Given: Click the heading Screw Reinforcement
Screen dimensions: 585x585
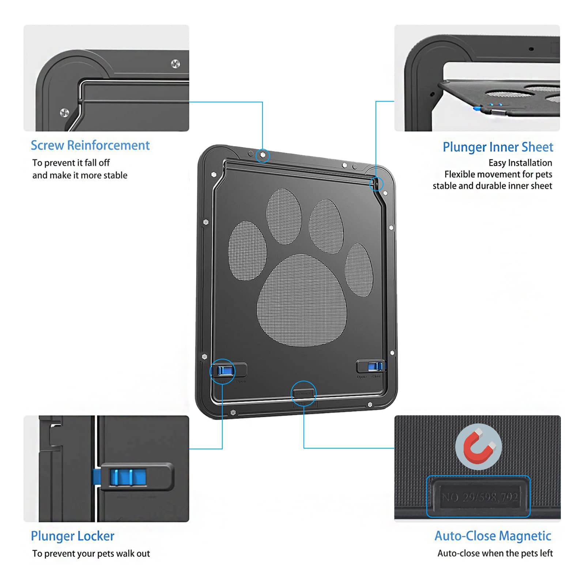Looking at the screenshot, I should tap(90, 146).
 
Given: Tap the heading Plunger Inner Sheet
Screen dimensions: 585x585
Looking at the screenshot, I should tap(498, 147).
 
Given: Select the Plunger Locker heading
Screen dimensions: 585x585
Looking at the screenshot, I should tap(72, 536).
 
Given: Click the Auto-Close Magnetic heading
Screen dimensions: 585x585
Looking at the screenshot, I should tap(492, 536).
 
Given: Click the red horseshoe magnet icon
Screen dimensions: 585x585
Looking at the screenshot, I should tap(479, 447).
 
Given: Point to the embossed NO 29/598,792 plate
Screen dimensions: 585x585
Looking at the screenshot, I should tap(479, 497).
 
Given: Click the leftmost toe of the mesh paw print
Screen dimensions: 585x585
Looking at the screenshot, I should tap(247, 251).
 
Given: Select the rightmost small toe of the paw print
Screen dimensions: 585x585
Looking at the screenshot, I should tap(359, 270).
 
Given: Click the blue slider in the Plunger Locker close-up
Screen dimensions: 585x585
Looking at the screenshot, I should tap(128, 477).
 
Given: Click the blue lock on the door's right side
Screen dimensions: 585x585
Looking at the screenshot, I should tap(374, 366).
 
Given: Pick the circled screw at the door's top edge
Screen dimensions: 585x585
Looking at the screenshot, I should tap(263, 155).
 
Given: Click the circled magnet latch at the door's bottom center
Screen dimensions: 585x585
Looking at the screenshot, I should tap(304, 393).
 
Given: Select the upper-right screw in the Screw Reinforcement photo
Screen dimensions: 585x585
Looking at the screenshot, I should tap(175, 64).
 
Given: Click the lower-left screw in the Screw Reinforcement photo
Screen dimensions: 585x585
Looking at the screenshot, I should tap(64, 113).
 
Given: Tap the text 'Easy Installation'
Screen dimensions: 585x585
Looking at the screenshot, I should tap(520, 163).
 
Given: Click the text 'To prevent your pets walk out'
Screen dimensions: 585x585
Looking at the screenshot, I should tap(91, 554).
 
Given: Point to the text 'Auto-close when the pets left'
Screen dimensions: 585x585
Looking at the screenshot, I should tap(495, 553).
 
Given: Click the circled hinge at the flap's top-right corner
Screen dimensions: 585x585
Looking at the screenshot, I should tap(376, 184).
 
